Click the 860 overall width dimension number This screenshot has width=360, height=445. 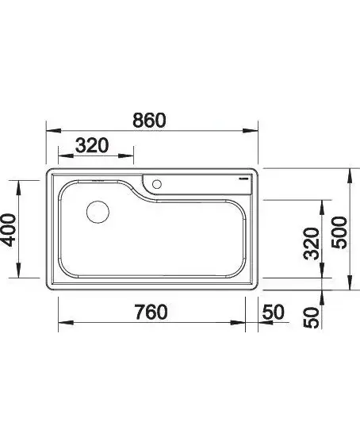[x=149, y=120]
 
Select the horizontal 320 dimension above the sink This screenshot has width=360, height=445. [x=92, y=145]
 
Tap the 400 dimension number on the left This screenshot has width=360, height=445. [x=8, y=230]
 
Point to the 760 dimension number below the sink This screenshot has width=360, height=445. [x=151, y=312]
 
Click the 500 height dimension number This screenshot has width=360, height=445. [x=339, y=232]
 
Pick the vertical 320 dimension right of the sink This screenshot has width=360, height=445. [x=312, y=244]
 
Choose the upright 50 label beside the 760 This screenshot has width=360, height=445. [x=273, y=312]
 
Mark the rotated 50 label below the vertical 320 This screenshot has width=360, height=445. [x=312, y=318]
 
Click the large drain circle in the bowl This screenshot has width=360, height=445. [x=98, y=212]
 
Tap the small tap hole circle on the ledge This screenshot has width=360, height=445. [x=156, y=184]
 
